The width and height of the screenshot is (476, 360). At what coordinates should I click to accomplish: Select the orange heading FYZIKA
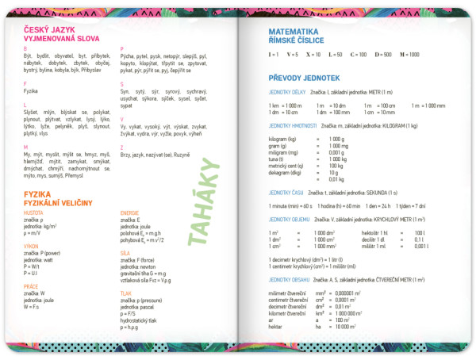[x=38, y=193]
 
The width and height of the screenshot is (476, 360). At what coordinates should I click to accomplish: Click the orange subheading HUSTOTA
[x=33, y=213]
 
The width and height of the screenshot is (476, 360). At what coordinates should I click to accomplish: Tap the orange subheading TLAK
[x=126, y=293]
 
